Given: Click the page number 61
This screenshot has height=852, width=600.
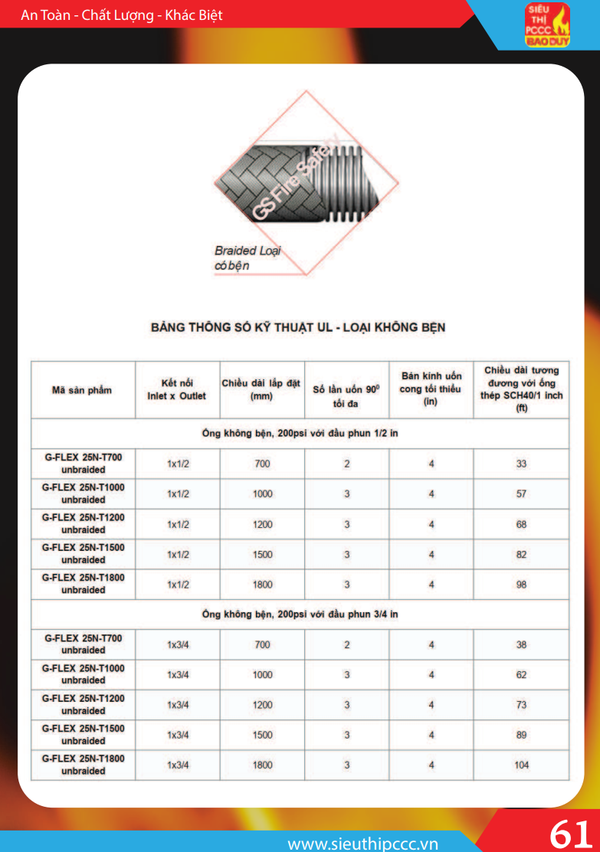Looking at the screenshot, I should pos(571,833).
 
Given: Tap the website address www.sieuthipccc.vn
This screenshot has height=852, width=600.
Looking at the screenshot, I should pos(362,844).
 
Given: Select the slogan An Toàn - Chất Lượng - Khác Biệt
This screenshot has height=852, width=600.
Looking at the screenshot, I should pos(122,15).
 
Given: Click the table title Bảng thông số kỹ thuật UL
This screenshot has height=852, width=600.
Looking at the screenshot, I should pos(298,327).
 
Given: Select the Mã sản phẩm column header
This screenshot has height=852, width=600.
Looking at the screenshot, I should pos(82,390).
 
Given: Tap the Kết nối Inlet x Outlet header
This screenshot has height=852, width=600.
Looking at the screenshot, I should pos(177,389).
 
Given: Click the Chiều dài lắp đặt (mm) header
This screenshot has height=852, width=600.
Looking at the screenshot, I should pos(261,389).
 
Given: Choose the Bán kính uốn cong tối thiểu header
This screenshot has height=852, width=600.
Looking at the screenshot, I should pos(431,388).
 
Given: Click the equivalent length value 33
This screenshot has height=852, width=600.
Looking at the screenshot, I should pos(521,464).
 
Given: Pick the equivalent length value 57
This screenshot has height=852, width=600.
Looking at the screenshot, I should pos(521,494).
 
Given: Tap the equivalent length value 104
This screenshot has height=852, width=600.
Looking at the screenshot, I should pos(521,765).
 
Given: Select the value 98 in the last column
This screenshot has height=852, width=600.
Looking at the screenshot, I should pos(521,585).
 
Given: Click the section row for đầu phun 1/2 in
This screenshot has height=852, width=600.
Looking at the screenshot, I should pos(300,433).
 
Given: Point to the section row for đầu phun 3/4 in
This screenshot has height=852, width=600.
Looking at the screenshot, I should pos(300,614).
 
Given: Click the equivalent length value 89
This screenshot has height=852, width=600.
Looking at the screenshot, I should pos(521,735).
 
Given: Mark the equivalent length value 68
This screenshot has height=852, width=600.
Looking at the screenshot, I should pos(521,524).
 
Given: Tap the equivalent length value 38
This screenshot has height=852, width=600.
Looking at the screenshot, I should pos(521,644).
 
